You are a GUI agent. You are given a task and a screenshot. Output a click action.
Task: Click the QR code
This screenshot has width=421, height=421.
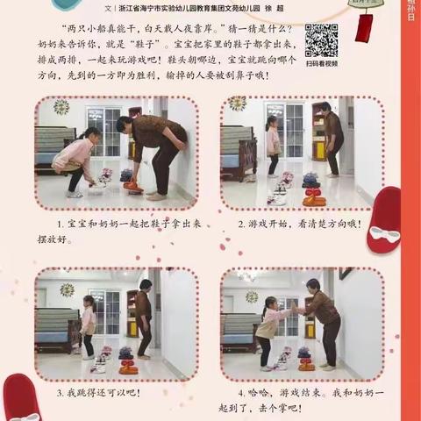tap(321, 39)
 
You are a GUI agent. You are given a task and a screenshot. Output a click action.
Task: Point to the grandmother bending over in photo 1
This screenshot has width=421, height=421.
tap(149, 149)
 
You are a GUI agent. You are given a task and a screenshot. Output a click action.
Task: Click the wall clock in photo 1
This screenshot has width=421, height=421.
tap(61, 106)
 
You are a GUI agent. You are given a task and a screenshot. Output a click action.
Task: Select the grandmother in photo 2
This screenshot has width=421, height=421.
tap(332, 140)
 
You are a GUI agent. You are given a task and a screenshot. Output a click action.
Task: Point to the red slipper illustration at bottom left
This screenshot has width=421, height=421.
tap(19, 399)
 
